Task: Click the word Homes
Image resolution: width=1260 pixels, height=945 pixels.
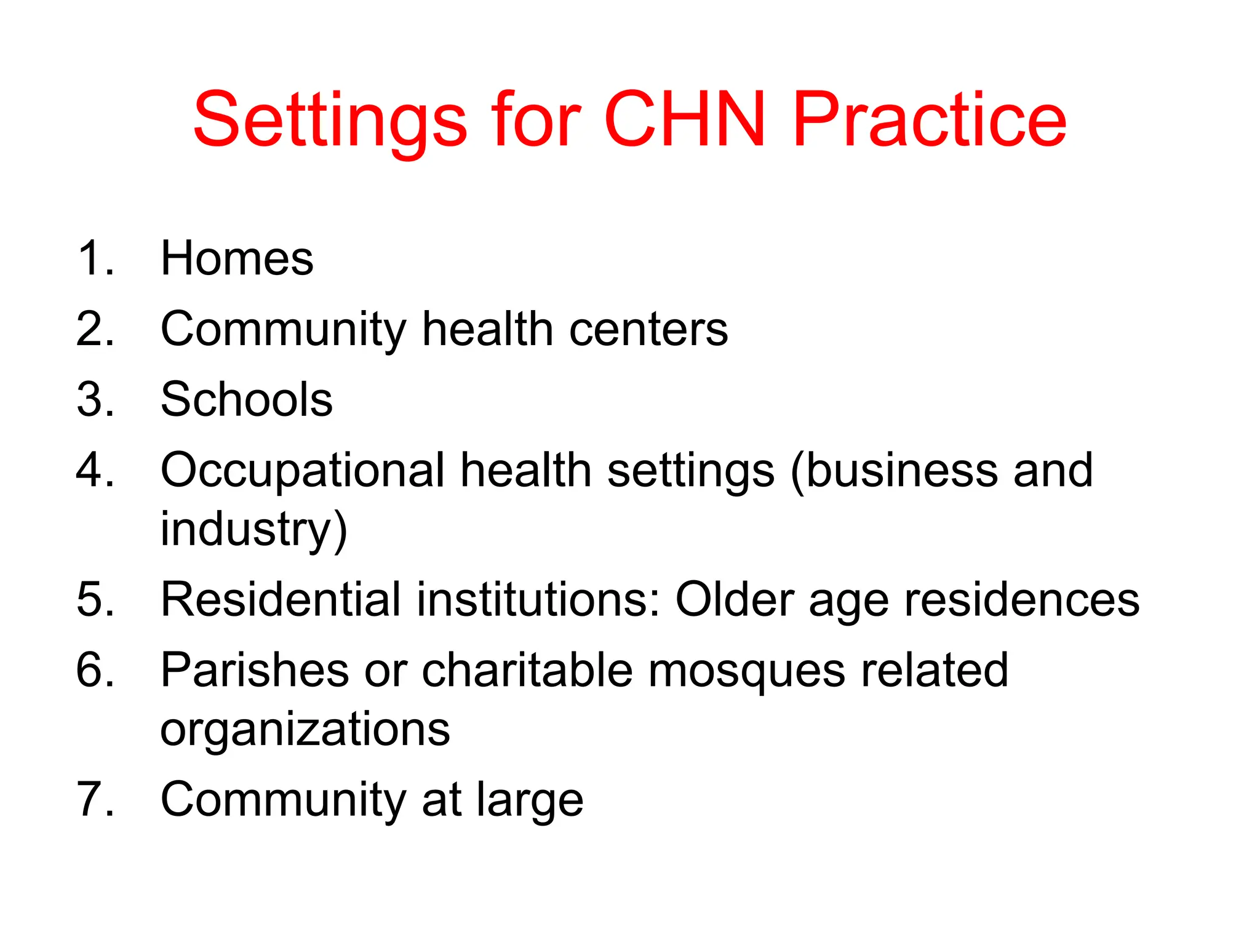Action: (x=237, y=258)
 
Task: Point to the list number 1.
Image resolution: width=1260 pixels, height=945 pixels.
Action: (x=95, y=258)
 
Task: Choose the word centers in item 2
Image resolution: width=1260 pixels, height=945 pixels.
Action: (x=648, y=329)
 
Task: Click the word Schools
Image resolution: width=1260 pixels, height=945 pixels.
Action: (x=246, y=399)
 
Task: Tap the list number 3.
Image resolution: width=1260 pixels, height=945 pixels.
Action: (x=95, y=399)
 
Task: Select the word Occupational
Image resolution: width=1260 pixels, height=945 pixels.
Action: (x=302, y=471)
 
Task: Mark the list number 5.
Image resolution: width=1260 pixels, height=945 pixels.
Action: (x=95, y=599)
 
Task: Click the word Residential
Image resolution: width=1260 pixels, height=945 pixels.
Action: (x=281, y=599)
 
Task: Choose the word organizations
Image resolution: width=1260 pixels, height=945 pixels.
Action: (x=305, y=730)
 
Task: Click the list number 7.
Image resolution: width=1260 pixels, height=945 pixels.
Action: (x=95, y=800)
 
